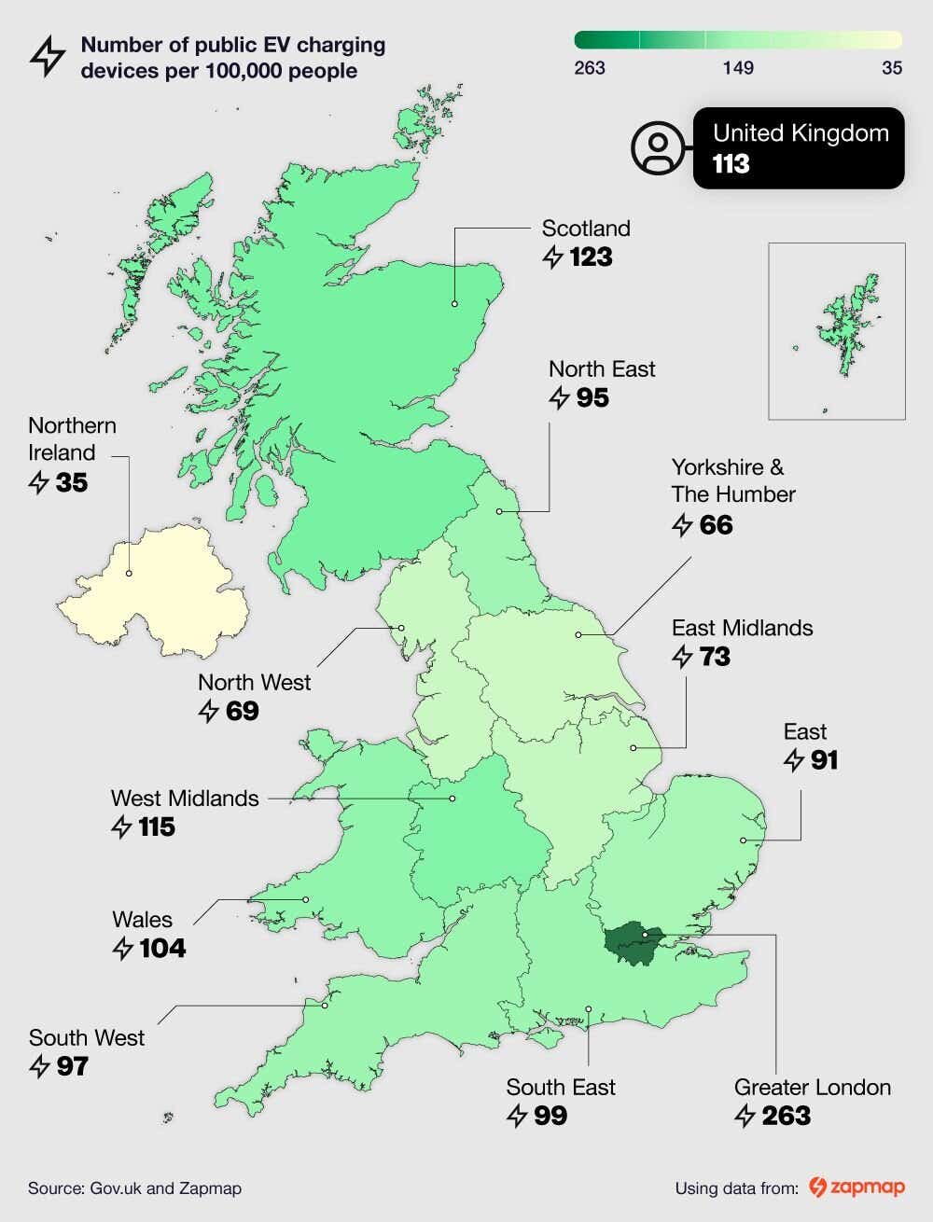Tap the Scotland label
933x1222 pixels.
pyautogui.click(x=586, y=229)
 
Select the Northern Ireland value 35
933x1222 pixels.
pyautogui.click(x=71, y=482)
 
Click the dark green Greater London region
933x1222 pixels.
pyautogui.click(x=633, y=944)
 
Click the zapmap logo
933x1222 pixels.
pyautogui.click(x=856, y=1187)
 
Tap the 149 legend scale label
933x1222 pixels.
pyautogui.click(x=738, y=67)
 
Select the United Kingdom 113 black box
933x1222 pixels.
pyautogui.click(x=799, y=148)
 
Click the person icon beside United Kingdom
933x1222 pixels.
pyautogui.click(x=658, y=148)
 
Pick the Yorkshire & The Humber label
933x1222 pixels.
pyautogui.click(x=732, y=480)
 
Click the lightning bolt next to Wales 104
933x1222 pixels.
pyautogui.click(x=122, y=949)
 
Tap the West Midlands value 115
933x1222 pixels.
pyautogui.click(x=156, y=826)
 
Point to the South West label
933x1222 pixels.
pyautogui.click(x=87, y=1038)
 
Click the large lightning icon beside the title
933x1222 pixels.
pyautogui.click(x=48, y=57)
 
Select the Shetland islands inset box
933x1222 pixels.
pyautogui.click(x=836, y=331)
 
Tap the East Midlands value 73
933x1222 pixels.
pyautogui.click(x=714, y=657)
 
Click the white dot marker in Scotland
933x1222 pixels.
pyautogui.click(x=454, y=303)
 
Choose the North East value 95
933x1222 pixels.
pyautogui.click(x=592, y=398)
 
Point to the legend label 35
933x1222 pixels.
pyautogui.click(x=891, y=67)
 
